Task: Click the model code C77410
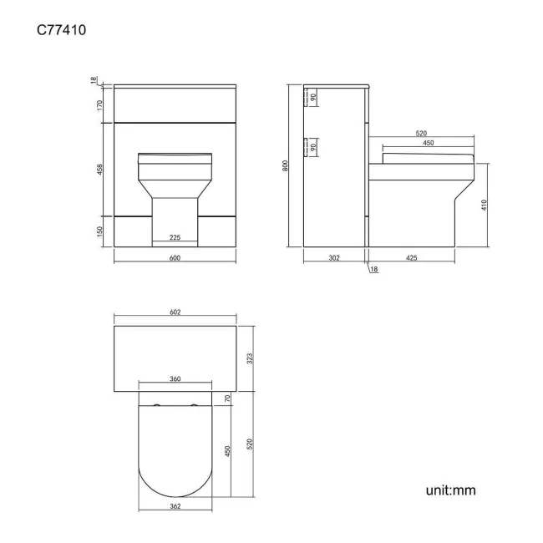coord(61,30)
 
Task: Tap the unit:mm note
coord(450,490)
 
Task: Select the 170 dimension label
coord(99,105)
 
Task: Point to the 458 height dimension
coord(99,170)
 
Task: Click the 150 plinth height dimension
coord(99,231)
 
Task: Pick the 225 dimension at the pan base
coord(175,237)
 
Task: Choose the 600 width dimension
coord(175,257)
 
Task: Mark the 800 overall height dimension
coord(285,165)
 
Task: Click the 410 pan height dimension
coord(484,205)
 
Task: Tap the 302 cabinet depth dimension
coord(334,257)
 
